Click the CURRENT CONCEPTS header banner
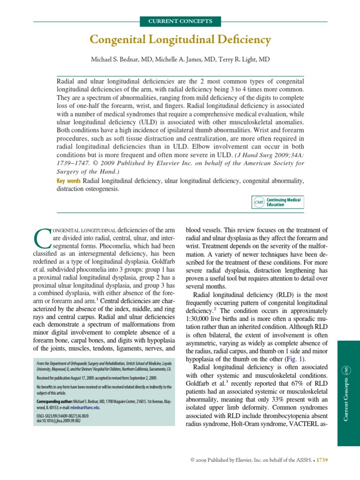coord(180,21)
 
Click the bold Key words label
coord(68,180)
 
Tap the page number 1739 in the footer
coord(322,460)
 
